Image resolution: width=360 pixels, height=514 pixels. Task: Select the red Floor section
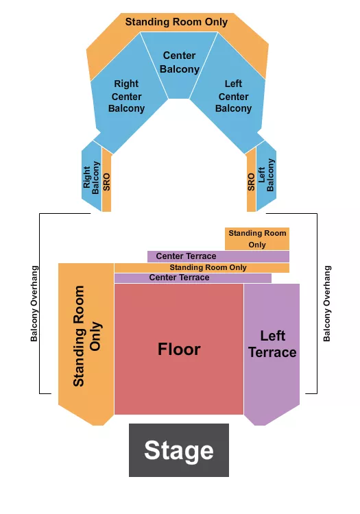pos(179,377)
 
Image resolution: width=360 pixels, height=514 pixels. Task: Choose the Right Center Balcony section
pos(127,103)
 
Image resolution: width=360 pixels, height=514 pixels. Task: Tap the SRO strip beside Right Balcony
pos(106,182)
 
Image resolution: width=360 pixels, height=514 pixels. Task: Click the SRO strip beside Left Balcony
pos(252,182)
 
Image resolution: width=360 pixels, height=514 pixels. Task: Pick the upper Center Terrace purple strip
pos(218,256)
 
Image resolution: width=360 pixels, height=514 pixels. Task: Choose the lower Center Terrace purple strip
pos(192,278)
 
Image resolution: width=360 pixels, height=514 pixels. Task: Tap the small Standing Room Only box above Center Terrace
pos(257,239)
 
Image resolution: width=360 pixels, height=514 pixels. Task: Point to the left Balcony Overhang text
pos(34,304)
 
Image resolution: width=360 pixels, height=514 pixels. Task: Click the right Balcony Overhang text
pos(327,304)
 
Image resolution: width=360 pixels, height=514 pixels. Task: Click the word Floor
pos(179,349)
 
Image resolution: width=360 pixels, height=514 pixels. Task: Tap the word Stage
pos(179,451)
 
